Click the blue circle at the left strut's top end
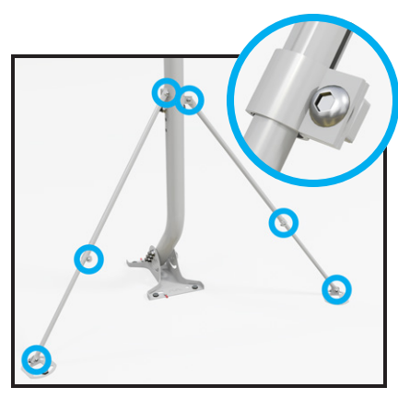click(166, 91)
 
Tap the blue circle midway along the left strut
click(88, 259)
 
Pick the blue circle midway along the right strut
click(284, 222)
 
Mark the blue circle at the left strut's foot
click(37, 358)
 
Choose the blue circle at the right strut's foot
click(337, 289)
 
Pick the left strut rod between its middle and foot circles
click(63, 309)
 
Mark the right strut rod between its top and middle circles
click(238, 161)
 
